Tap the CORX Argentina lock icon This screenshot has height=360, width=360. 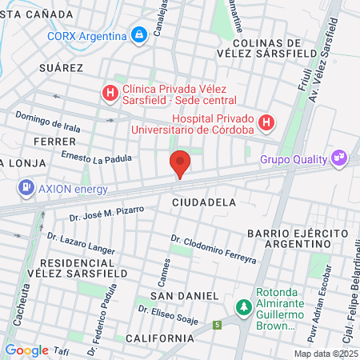(x=139, y=35)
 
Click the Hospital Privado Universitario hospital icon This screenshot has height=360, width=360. (x=266, y=123)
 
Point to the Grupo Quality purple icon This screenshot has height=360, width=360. (x=339, y=158)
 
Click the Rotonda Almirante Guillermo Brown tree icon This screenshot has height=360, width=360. (x=243, y=307)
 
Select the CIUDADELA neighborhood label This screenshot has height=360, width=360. (x=204, y=202)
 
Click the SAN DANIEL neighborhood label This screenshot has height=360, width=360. (x=178, y=295)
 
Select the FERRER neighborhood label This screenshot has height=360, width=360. (x=55, y=141)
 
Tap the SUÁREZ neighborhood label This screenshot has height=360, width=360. (x=61, y=68)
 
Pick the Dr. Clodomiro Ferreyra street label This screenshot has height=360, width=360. (x=213, y=249)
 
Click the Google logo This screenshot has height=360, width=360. (x=26, y=350)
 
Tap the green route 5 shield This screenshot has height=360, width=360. (x=217, y=325)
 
